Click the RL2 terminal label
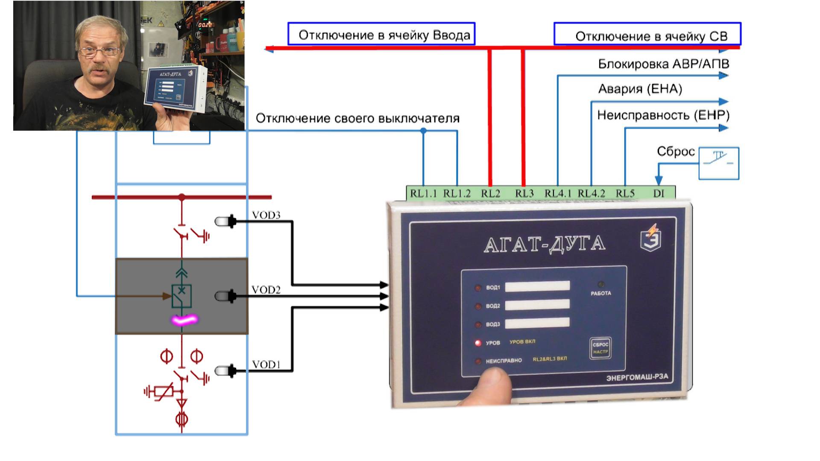(490, 193)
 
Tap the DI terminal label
(659, 193)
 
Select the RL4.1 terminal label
(558, 193)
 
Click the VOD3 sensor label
(266, 215)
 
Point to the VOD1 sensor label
(266, 365)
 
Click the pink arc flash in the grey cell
(184, 320)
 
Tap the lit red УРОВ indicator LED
(478, 343)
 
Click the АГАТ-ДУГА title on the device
(545, 244)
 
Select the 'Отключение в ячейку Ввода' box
(381, 34)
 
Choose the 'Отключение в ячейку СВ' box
(647, 34)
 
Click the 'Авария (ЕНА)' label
(640, 89)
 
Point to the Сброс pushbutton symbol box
(719, 163)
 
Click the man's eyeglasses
(99, 52)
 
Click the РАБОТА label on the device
(600, 293)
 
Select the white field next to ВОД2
(537, 304)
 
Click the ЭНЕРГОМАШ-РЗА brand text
(637, 378)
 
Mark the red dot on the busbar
(182, 197)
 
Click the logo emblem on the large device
(651, 237)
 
